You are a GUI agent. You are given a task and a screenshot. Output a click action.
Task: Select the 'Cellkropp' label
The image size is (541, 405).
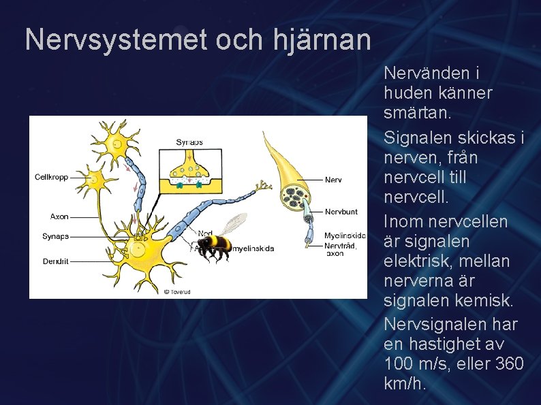pyautogui.click(x=51, y=177)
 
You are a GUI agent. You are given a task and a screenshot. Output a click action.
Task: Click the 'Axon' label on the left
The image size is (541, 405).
pyautogui.click(x=59, y=216)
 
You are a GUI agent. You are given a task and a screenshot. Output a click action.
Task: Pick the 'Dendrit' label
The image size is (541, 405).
pyautogui.click(x=55, y=261)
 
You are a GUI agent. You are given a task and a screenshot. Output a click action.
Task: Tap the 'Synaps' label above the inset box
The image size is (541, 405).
pyautogui.click(x=189, y=142)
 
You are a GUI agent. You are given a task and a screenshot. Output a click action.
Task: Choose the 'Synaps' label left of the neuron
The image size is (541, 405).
pyautogui.click(x=55, y=236)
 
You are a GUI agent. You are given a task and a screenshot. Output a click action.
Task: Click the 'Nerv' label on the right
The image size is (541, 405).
pyautogui.click(x=333, y=180)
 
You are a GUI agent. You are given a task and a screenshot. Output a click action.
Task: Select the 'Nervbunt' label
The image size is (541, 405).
pyautogui.click(x=341, y=212)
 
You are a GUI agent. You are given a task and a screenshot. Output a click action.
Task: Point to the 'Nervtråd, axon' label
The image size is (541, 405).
pyautogui.click(x=340, y=248)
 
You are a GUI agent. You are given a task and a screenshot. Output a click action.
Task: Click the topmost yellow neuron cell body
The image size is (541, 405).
pyautogui.click(x=116, y=144)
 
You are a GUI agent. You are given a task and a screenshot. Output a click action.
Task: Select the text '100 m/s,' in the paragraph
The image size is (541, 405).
pyautogui.click(x=412, y=363)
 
